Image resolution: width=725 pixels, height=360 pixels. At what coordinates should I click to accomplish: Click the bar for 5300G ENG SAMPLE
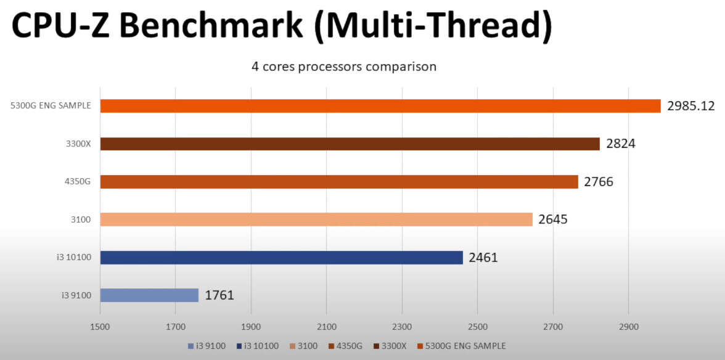(380, 106)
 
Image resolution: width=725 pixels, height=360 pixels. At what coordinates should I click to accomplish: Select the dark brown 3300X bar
(350, 144)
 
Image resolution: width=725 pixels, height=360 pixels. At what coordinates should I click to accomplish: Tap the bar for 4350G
(338, 182)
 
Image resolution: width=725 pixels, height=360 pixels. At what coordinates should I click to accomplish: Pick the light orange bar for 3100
(316, 219)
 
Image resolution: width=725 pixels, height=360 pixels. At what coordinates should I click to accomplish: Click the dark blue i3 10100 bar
(281, 258)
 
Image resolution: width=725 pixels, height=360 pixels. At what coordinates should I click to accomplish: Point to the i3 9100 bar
(149, 295)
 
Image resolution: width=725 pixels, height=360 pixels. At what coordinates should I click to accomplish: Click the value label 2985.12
(690, 106)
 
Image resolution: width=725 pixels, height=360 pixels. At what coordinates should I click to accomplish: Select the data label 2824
(621, 144)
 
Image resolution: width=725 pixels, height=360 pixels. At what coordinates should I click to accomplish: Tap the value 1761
(219, 295)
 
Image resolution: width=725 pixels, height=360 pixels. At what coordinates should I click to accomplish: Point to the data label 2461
(483, 258)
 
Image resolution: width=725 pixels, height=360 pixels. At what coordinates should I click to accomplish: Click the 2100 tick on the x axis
(326, 325)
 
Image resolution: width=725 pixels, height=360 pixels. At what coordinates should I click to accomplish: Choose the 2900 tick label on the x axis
(628, 325)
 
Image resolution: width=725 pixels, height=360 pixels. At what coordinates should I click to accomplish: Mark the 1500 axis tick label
(100, 325)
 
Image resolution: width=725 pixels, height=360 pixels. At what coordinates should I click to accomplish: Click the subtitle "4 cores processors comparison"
(343, 67)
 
